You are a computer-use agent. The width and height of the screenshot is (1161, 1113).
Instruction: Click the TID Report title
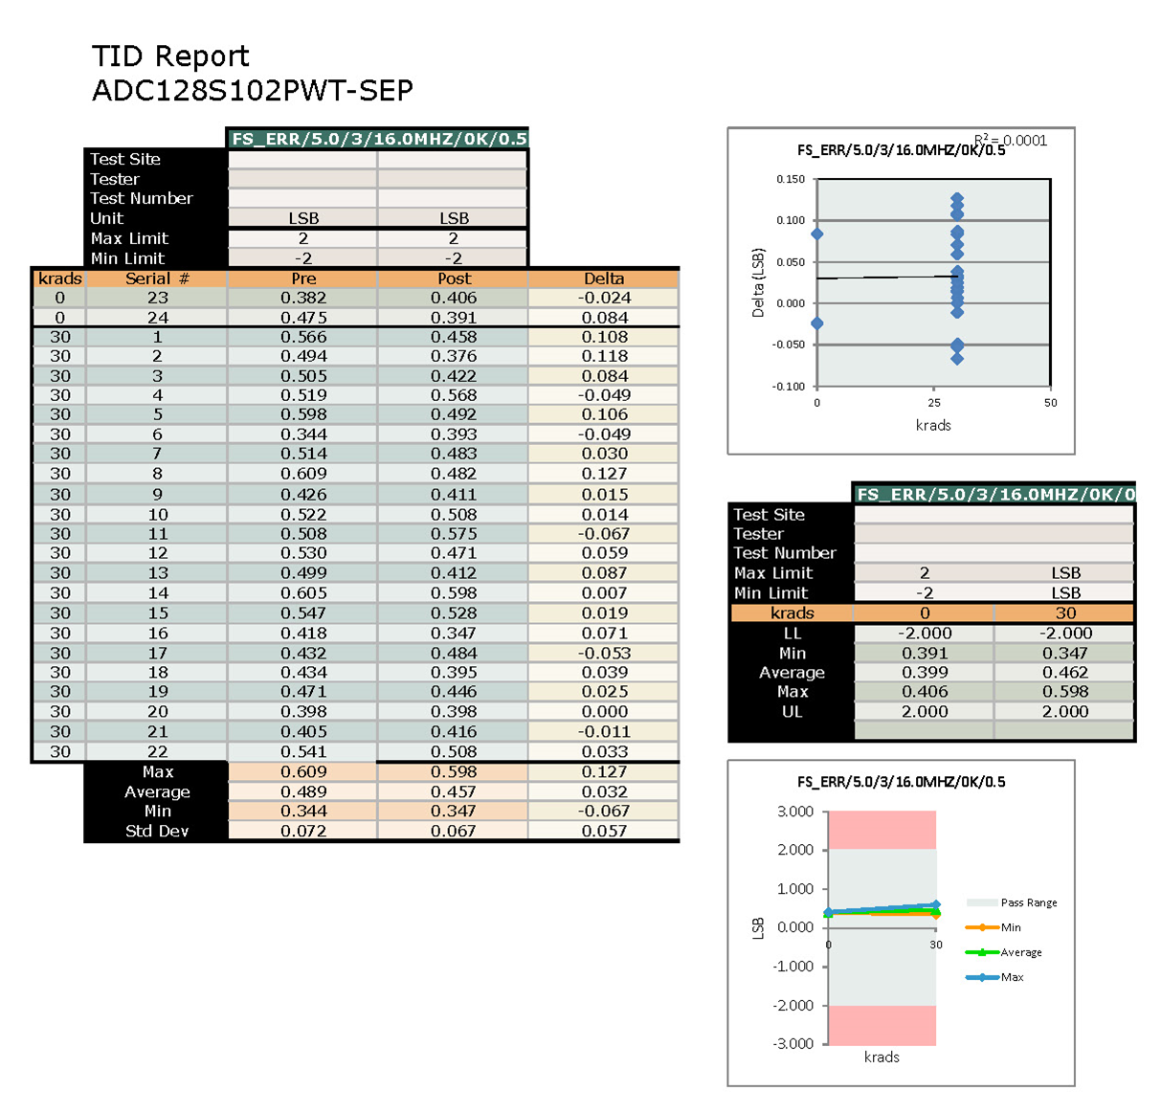[170, 56]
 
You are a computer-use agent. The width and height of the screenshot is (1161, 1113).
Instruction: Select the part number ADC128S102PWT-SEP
[253, 91]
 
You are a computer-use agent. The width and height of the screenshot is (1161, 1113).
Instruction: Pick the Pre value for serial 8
[303, 474]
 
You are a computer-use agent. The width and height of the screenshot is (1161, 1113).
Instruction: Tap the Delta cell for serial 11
[605, 534]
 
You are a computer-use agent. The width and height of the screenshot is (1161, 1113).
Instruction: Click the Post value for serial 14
[454, 593]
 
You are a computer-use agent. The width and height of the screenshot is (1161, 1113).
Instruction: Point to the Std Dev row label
[157, 832]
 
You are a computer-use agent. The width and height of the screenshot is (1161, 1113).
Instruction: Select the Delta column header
[604, 278]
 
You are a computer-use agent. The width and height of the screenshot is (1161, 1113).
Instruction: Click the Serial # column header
[157, 278]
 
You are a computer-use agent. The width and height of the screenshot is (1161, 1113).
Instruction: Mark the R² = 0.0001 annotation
[1011, 141]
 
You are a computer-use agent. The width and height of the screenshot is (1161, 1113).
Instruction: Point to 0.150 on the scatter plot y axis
[791, 179]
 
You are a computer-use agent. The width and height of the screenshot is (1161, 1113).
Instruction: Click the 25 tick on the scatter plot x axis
[934, 403]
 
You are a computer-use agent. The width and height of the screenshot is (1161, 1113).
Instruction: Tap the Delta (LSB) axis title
[758, 283]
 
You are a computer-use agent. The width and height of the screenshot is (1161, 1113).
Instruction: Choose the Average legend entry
[1020, 952]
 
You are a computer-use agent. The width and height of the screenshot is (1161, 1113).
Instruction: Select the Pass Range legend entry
[1028, 902]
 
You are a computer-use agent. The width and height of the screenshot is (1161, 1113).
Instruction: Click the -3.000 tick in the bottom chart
[794, 1044]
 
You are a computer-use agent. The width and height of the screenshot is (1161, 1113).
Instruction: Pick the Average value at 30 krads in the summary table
[1065, 673]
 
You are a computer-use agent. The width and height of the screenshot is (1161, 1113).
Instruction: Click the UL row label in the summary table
[792, 712]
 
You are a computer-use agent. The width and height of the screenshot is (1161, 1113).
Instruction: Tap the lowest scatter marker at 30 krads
[957, 359]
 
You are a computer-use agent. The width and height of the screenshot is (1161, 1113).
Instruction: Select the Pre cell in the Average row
[303, 792]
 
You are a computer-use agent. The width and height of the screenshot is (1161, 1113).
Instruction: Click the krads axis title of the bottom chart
[882, 1057]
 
